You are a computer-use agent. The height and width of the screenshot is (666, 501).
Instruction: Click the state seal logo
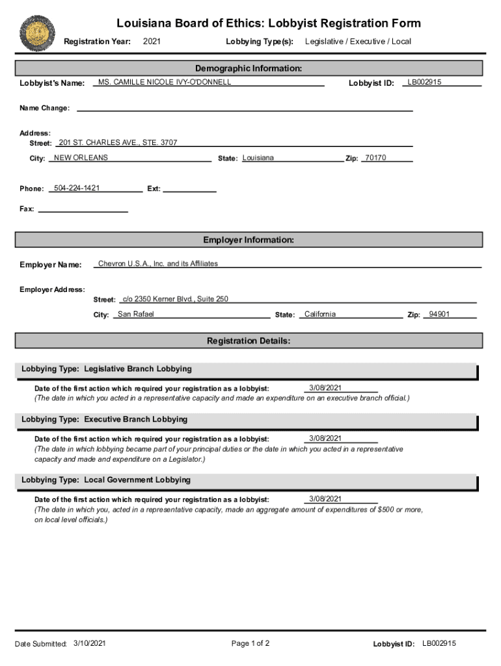(x=37, y=33)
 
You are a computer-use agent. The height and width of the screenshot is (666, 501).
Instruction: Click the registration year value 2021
(x=152, y=42)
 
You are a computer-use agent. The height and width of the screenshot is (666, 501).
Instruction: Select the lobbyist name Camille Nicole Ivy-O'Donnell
(x=164, y=82)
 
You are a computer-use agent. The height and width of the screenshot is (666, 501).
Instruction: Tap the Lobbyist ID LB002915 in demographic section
(x=424, y=82)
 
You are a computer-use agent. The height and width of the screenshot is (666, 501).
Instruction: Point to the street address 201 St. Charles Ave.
(x=118, y=142)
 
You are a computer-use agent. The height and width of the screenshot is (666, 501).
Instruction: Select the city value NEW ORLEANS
(x=81, y=158)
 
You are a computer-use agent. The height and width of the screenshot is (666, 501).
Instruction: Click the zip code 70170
(x=375, y=158)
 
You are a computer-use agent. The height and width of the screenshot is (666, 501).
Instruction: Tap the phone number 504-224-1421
(x=77, y=188)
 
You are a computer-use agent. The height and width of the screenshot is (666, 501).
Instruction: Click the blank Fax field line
(x=83, y=209)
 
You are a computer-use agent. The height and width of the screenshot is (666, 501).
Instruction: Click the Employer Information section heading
(x=249, y=240)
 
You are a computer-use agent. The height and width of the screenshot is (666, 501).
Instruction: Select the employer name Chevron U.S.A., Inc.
(x=158, y=263)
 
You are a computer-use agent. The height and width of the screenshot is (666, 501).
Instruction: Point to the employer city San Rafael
(x=135, y=314)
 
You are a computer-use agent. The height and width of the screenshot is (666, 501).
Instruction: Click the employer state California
(x=319, y=314)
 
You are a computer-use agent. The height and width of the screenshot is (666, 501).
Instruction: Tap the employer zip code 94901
(x=439, y=314)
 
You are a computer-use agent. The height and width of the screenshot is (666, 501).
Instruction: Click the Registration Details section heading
(x=249, y=341)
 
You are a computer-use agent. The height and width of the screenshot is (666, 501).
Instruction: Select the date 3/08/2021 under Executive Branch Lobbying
(x=325, y=438)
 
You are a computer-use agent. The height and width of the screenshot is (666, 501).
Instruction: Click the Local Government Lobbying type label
(x=106, y=480)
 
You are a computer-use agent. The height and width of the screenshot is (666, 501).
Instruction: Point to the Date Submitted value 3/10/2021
(x=90, y=643)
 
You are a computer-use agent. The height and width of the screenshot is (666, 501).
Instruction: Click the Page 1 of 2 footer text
(x=251, y=643)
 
